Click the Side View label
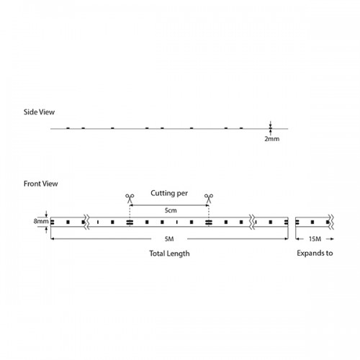point(39,112)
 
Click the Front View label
point(40,184)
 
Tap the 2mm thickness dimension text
point(272,139)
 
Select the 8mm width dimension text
point(41,221)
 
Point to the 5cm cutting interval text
point(171,210)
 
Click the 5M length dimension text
point(169,239)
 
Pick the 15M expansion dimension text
point(315,239)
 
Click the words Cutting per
point(169,193)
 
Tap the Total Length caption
point(169,253)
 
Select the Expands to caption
point(315,253)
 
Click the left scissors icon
point(130,199)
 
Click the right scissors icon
point(209,199)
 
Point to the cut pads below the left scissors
point(130,222)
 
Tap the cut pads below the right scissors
point(209,222)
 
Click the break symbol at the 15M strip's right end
point(332,222)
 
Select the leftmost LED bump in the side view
point(68,128)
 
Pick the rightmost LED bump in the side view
point(241,128)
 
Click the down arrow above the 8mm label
point(46,214)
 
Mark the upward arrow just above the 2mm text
point(271,132)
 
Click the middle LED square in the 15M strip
point(312,222)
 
